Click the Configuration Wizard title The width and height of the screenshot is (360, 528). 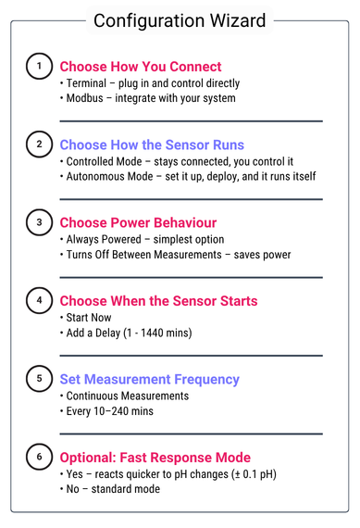180,20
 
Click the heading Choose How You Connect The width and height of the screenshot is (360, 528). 141,67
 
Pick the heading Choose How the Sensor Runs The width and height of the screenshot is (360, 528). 152,145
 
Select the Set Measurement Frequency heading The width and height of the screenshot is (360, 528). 149,380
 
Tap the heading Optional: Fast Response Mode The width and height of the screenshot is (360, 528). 155,458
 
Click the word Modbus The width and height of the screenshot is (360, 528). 85,98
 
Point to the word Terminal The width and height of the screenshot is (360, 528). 86,83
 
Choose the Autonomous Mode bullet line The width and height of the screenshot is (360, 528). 189,176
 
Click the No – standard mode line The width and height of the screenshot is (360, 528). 110,489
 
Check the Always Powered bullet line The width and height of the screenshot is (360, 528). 143,239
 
